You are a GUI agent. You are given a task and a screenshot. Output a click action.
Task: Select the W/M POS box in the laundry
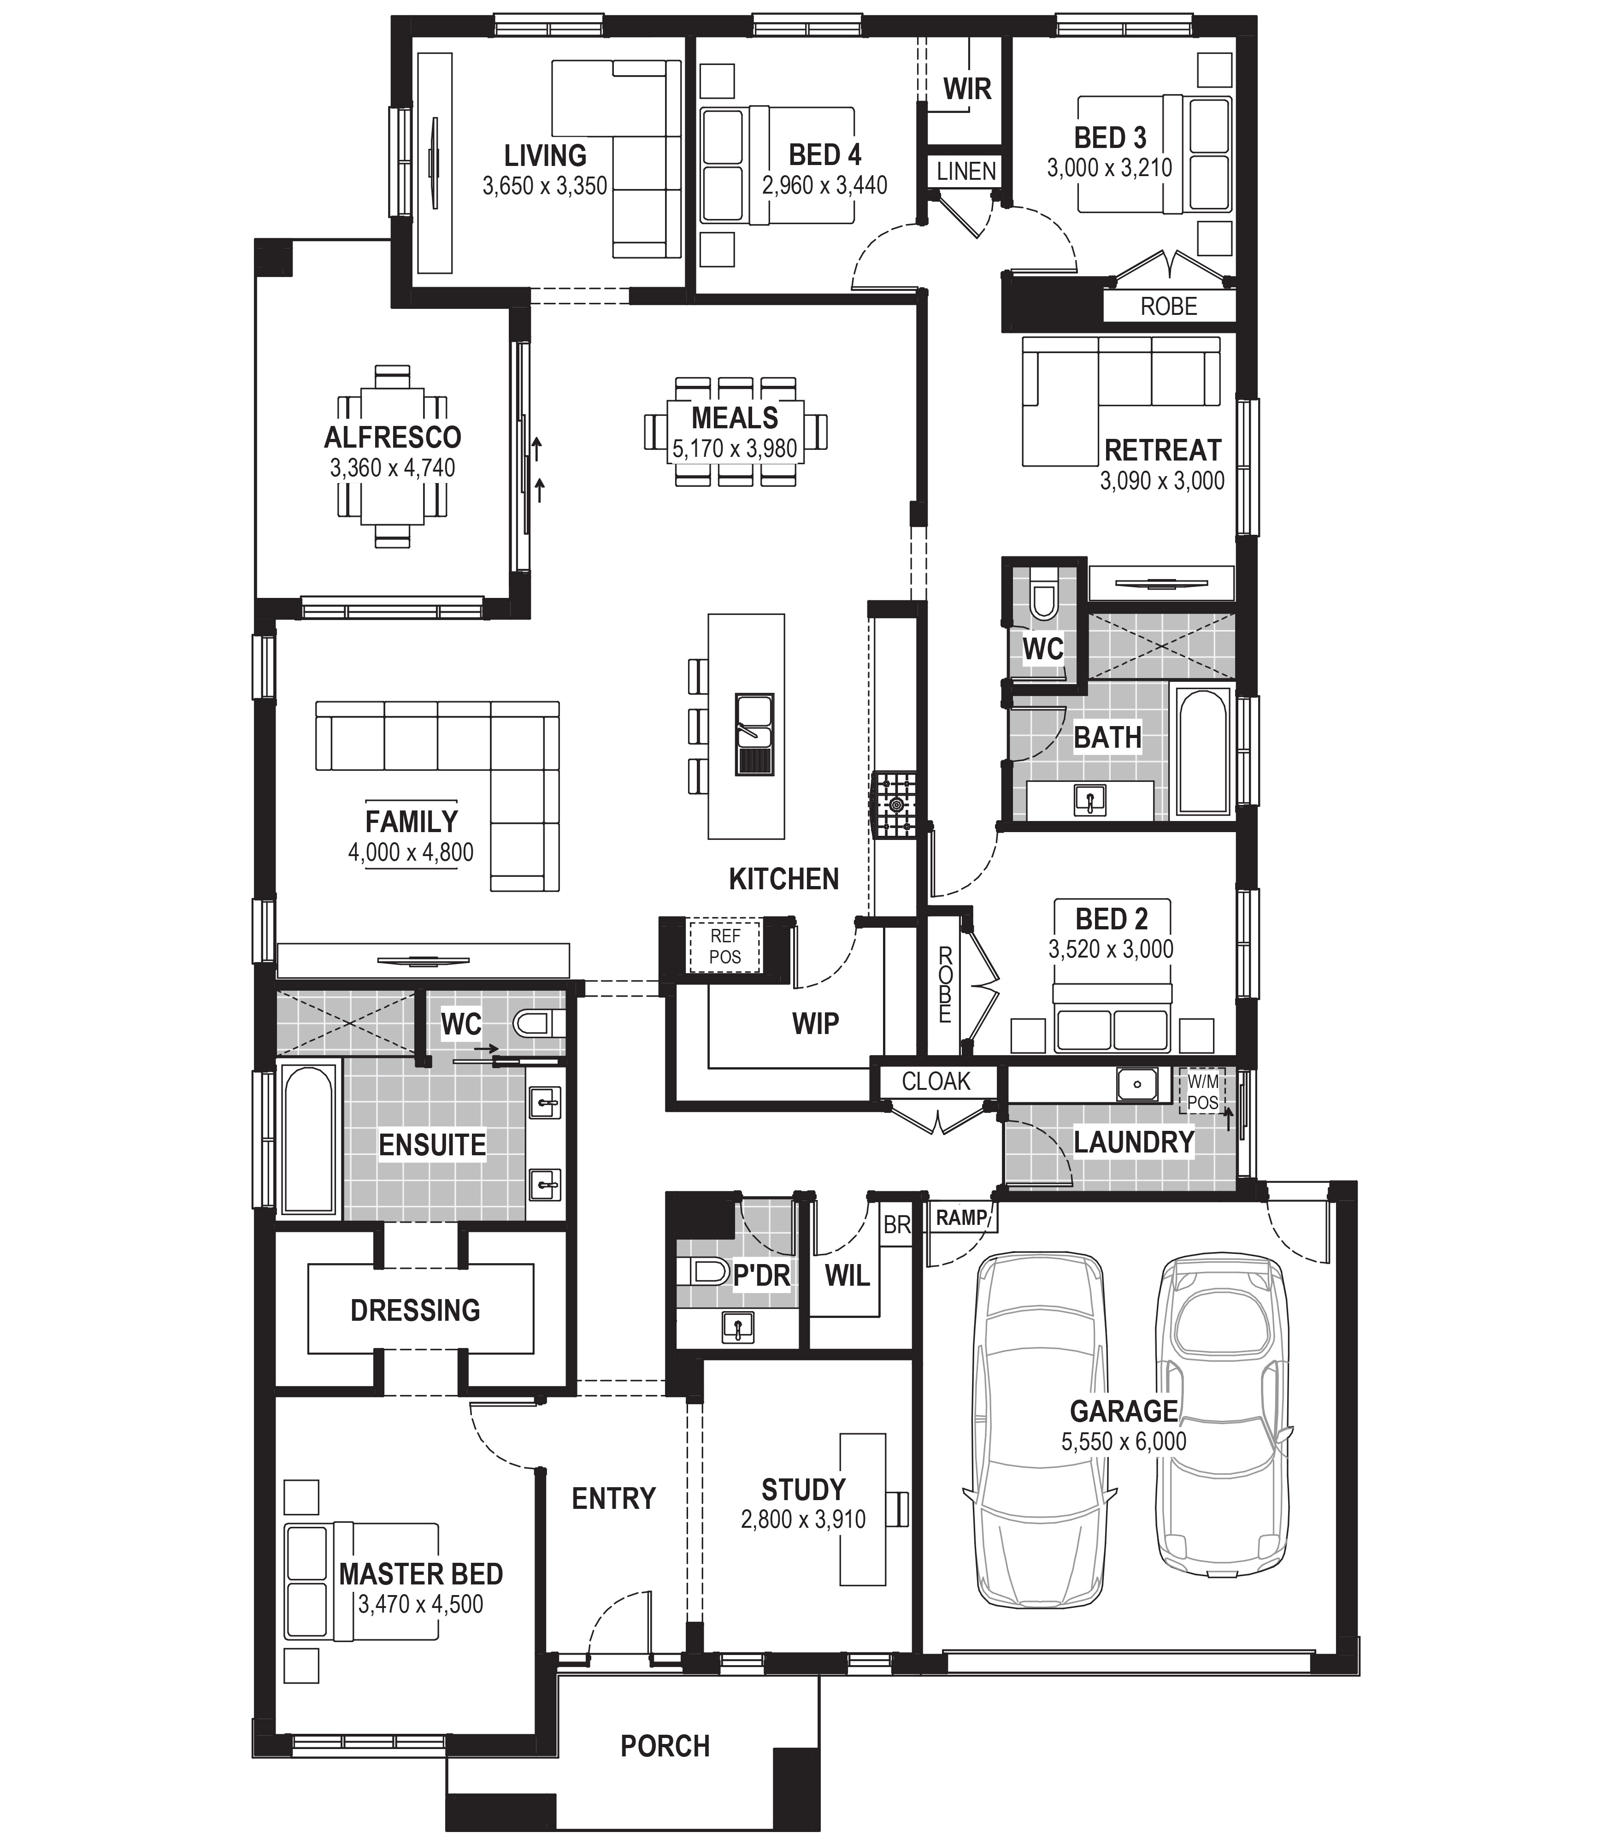point(1202,1091)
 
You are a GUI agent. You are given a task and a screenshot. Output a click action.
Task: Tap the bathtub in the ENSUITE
point(308,1139)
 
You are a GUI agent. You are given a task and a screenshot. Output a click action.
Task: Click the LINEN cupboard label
point(967,171)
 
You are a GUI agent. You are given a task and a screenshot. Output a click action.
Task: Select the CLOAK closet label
point(936,1082)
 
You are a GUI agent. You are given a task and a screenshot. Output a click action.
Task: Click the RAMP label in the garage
point(961,1218)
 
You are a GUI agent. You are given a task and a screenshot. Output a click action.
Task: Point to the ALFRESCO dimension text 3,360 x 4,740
point(393,468)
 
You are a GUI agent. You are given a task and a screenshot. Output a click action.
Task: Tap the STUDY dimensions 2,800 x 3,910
point(803,1520)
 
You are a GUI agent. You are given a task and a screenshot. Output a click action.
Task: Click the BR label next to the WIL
point(896,1224)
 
